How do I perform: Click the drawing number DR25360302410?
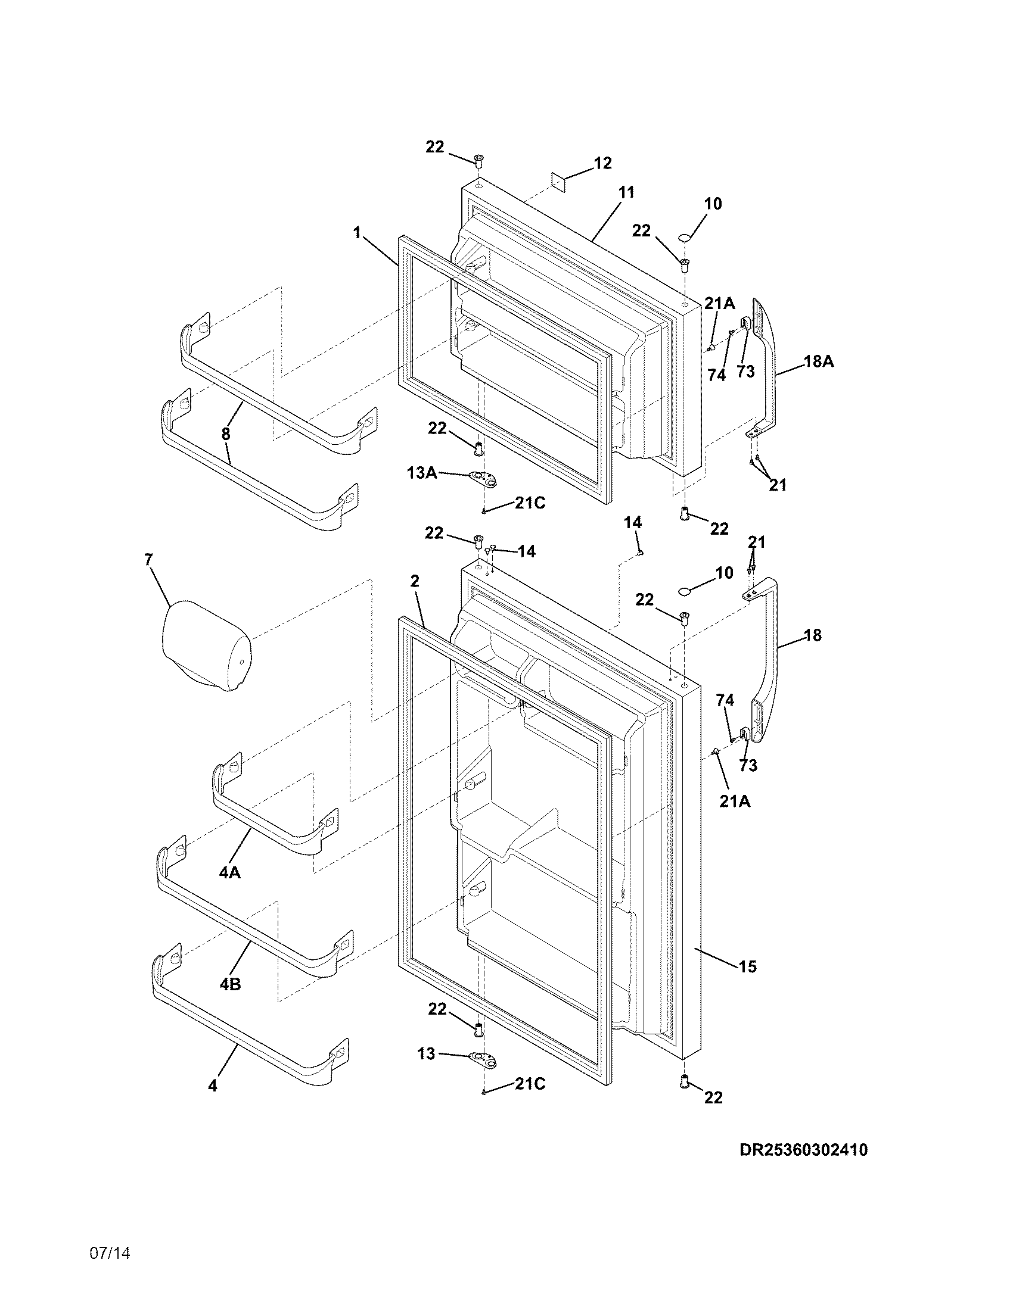803,1150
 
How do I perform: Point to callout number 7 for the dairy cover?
148,560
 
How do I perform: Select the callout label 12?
602,163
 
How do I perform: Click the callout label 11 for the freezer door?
626,192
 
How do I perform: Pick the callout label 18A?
819,361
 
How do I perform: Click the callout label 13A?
421,473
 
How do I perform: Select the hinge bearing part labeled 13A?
484,478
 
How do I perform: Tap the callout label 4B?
230,984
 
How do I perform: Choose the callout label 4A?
229,873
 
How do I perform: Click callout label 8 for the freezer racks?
226,434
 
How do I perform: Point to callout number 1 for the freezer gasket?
357,232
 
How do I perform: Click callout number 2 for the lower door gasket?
414,581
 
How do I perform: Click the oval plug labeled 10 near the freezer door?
685,238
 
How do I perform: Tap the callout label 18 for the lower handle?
812,635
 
